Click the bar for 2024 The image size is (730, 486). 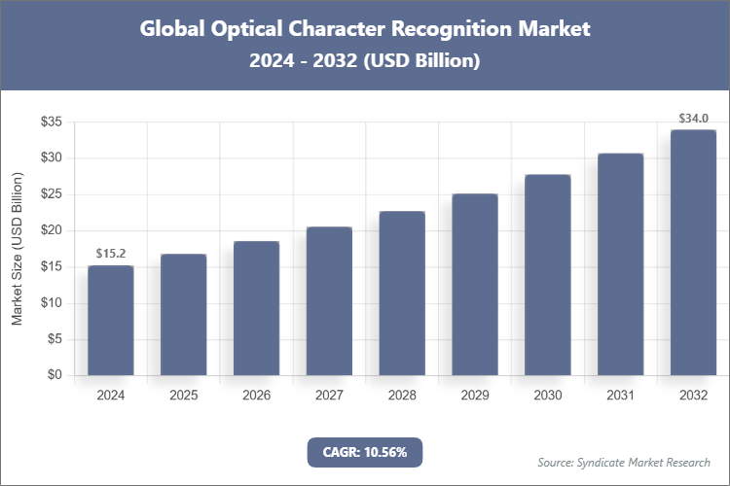[111, 320]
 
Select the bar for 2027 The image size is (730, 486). [329, 300]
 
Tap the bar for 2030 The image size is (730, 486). [548, 274]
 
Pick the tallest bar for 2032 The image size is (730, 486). [693, 252]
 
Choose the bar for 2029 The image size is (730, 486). [475, 284]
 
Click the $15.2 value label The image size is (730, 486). [111, 254]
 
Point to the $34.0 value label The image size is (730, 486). [693, 119]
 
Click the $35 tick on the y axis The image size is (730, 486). [52, 121]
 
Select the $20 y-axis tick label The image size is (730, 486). [52, 230]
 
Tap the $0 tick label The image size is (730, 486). [55, 375]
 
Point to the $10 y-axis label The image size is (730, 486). [52, 303]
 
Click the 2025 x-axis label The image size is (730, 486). [184, 396]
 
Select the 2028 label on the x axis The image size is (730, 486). [402, 396]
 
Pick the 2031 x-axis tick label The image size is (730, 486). [620, 396]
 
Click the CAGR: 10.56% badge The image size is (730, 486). [365, 452]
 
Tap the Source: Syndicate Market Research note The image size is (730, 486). [624, 462]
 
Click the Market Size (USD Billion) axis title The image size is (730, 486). [18, 249]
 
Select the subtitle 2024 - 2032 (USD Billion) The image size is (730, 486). [365, 60]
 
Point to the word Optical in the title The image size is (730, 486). [236, 28]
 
